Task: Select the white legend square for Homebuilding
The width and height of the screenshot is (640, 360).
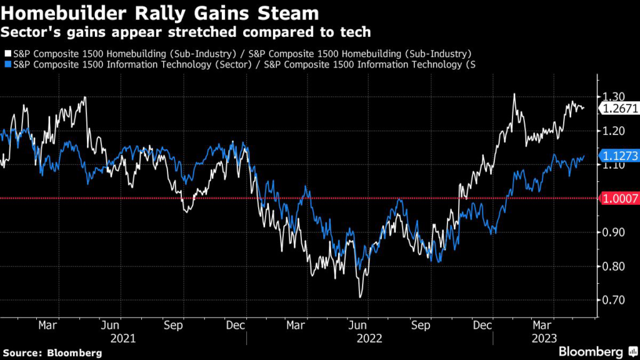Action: click(7, 54)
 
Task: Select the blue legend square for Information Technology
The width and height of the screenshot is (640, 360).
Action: click(7, 64)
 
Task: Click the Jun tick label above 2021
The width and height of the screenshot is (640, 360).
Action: click(110, 326)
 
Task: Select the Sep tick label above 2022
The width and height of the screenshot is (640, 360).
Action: click(421, 326)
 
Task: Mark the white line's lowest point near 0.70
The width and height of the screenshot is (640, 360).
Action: click(361, 297)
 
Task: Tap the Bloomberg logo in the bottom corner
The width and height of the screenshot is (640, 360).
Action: click(590, 351)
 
